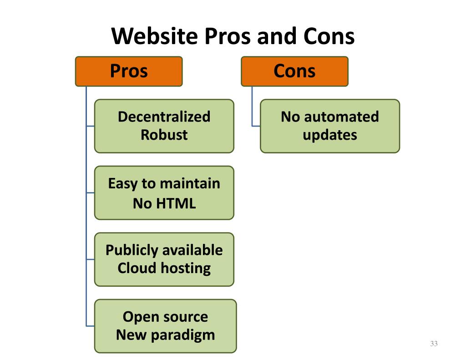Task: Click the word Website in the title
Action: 155,36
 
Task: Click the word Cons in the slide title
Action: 329,36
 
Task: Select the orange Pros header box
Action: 129,71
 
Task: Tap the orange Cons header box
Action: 294,71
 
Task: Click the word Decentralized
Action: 164,117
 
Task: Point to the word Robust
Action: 164,135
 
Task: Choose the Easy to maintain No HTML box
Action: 164,193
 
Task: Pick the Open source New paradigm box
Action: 166,326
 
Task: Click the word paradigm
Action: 183,335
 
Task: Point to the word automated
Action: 341,117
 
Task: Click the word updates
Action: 330,135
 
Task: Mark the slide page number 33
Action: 434,344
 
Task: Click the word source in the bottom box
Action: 187,317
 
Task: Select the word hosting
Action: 186,269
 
